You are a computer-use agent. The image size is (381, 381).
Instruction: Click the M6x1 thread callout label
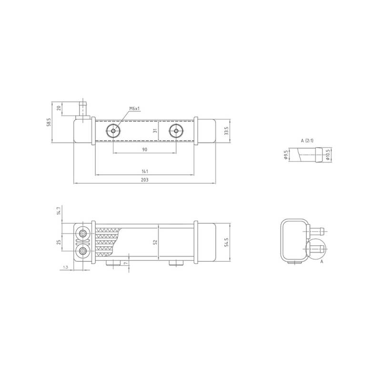coord(135,109)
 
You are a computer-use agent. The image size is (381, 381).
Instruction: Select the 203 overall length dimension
coord(145,180)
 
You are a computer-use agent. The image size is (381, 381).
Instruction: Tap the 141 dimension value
coord(145,171)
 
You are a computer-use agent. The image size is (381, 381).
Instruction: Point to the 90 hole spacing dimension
coord(145,150)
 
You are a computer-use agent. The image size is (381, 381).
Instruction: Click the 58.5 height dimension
coord(49,122)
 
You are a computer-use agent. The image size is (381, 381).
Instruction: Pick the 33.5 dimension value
coord(227,130)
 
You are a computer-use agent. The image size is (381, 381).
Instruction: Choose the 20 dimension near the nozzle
coord(59,108)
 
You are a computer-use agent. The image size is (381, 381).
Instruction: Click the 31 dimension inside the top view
coord(155,130)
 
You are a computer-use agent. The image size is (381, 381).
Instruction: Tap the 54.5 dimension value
coord(227,242)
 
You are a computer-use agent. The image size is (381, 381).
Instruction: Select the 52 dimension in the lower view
coord(155,242)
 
